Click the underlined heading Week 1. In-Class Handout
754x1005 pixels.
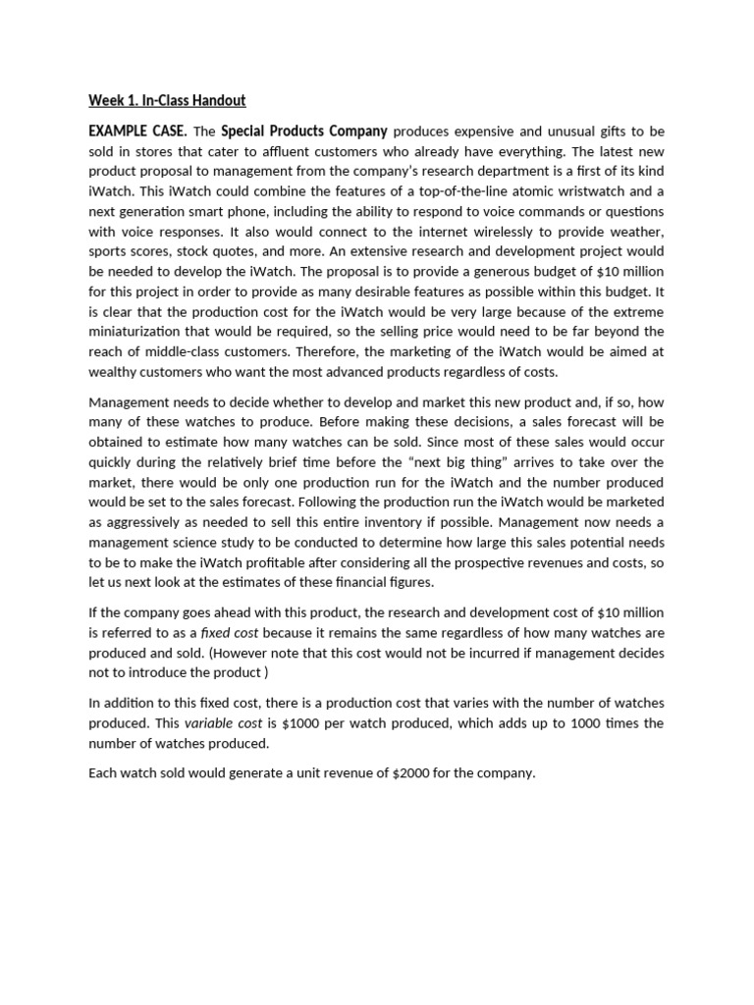[167, 100]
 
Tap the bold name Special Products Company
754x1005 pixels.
[304, 132]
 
